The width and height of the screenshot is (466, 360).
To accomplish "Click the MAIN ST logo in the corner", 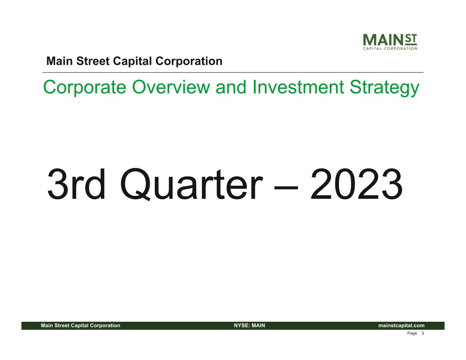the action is [390, 42].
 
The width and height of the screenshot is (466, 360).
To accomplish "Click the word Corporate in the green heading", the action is [85, 88].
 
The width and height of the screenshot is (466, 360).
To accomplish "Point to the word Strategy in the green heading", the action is [384, 88].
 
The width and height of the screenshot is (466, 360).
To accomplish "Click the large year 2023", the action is [356, 184].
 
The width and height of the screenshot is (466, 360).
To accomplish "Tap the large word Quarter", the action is [191, 185].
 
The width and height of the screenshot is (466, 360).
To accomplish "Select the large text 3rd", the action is [76, 184].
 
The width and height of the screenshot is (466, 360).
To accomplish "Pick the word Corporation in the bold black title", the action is [189, 62].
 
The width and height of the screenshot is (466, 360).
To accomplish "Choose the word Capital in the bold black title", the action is [132, 62].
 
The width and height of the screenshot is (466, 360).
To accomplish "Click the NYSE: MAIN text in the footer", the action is [250, 326].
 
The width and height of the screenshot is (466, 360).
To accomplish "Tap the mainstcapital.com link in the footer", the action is [401, 326].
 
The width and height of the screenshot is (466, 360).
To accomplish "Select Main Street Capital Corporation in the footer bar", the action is [81, 326].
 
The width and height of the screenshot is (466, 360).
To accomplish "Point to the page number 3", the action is [422, 333].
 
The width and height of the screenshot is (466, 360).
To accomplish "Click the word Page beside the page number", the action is [412, 333].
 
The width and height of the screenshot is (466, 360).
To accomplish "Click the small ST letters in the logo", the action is [411, 39].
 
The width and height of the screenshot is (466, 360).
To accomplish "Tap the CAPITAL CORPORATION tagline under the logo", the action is [390, 48].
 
